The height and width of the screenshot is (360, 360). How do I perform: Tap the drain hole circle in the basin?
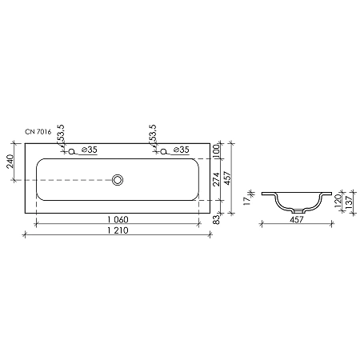118,181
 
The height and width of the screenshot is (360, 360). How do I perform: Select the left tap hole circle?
73,151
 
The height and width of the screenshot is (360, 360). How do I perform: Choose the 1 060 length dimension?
117,220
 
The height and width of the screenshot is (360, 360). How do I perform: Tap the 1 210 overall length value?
117,231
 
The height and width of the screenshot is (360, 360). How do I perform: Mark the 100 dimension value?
216,151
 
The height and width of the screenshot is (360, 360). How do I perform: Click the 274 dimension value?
216,180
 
